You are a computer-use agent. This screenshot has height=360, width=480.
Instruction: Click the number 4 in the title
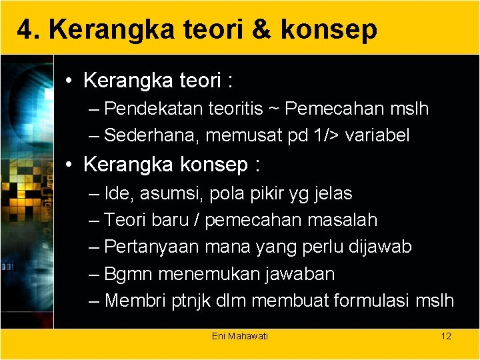click(x=24, y=29)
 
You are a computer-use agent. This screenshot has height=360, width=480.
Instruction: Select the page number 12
click(x=446, y=336)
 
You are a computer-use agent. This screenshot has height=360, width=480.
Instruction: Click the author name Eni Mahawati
click(x=240, y=336)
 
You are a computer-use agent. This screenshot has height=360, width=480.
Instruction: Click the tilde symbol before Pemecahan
click(x=275, y=109)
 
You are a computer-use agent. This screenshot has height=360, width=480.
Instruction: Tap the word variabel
click(x=378, y=135)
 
